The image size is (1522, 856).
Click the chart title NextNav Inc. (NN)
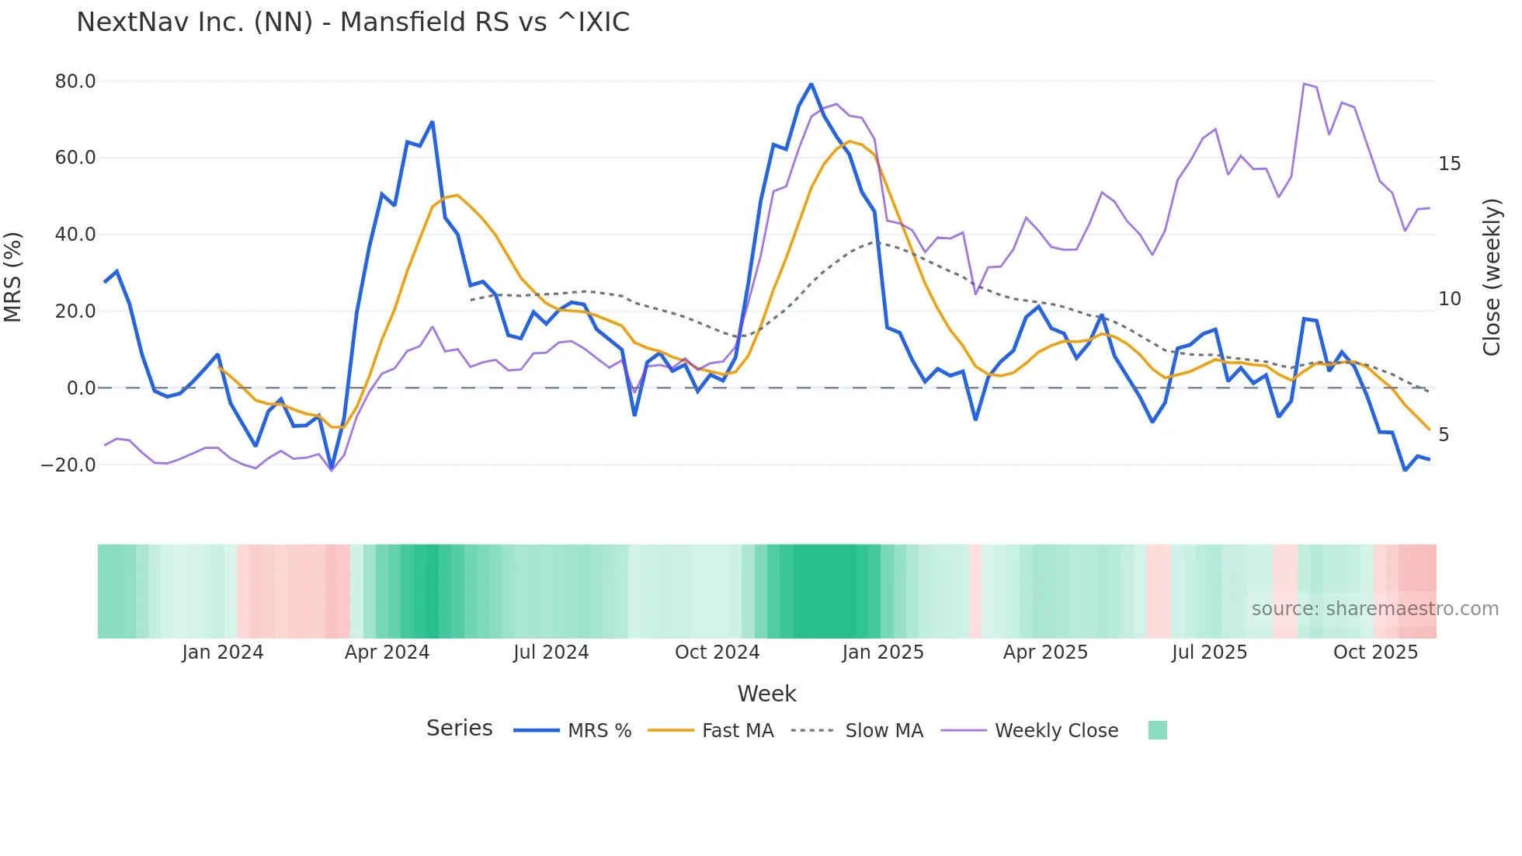point(353,23)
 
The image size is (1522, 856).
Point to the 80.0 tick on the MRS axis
point(75,82)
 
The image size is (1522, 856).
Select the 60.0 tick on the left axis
point(75,158)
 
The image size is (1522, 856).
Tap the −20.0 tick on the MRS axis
point(68,465)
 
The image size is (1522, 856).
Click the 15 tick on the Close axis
point(1449,164)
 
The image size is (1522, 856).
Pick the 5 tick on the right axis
point(1444,435)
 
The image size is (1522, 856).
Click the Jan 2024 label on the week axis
point(223,652)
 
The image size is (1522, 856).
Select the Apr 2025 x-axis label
point(1045,652)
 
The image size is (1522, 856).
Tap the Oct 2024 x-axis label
point(717,652)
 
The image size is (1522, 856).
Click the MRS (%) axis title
point(13,277)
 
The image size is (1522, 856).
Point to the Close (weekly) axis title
point(1492,277)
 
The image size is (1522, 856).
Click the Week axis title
point(766,694)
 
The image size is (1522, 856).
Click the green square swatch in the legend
point(1157,730)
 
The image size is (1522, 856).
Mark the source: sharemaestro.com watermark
point(1374,609)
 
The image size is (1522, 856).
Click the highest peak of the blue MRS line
point(811,84)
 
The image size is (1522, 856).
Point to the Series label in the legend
point(459,729)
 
